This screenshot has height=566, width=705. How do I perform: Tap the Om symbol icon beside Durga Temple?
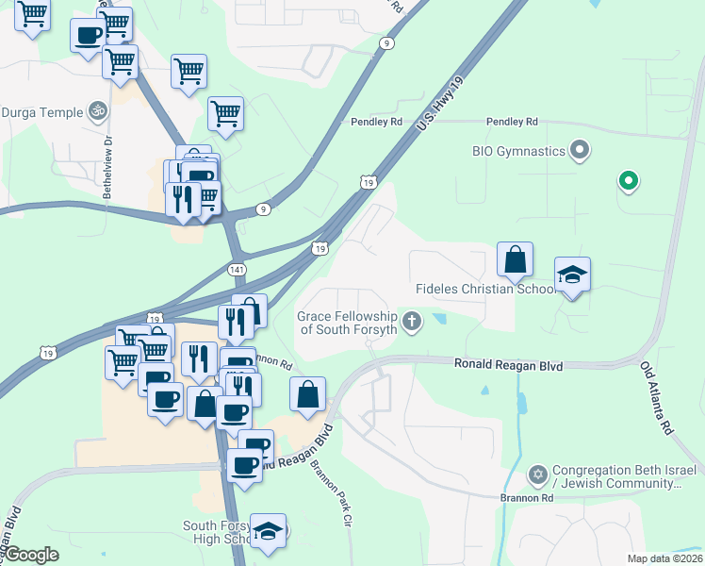point(95,112)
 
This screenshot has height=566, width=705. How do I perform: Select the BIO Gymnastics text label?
point(518,151)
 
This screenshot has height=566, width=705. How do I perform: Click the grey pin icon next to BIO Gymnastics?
point(580,150)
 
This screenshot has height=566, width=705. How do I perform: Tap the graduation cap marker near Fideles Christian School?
point(572,275)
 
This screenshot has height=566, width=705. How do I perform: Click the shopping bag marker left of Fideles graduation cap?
point(515,260)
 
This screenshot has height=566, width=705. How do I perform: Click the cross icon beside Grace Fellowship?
point(411,323)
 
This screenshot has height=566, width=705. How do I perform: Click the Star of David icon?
point(538,472)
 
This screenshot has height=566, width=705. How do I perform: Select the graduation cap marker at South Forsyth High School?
point(269,531)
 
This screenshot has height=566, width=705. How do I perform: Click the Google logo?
point(31,555)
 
